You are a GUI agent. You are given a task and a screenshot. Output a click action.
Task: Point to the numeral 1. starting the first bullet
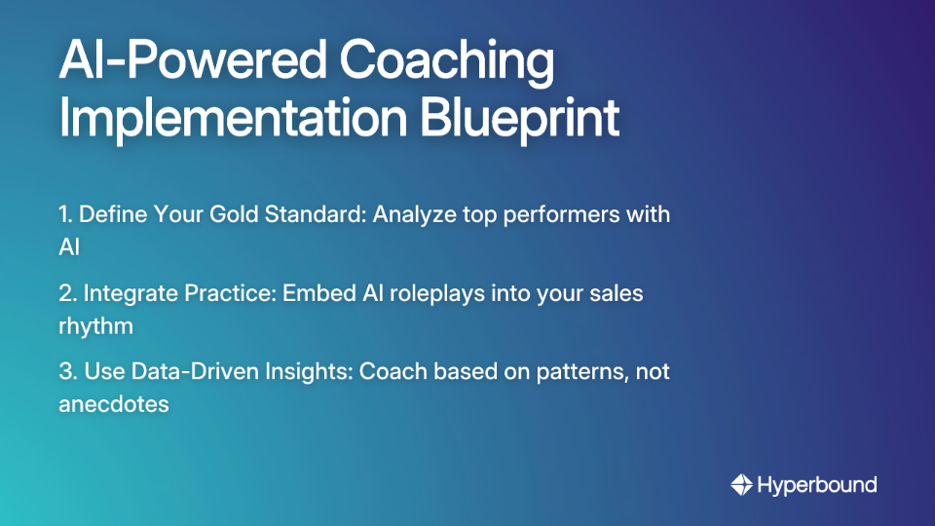pos(66,214)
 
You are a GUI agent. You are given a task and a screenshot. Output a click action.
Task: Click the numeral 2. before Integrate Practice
pos(67,293)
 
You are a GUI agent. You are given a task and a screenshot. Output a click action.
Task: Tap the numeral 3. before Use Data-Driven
pos(67,371)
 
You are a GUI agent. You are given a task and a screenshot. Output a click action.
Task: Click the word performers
pos(565,214)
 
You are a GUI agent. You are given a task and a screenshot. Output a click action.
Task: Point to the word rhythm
pos(95,325)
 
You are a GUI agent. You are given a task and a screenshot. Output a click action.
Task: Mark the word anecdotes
pos(114,403)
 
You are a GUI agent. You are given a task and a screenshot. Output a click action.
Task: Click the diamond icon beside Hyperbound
pos(741,484)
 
